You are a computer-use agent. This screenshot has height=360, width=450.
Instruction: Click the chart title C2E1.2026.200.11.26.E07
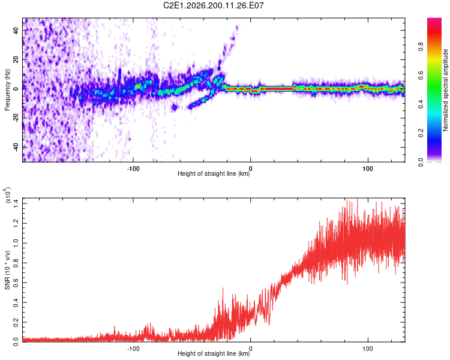213,5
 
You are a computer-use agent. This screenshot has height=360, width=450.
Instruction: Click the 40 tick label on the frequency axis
16,30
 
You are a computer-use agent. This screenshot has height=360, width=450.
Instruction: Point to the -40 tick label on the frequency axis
16,148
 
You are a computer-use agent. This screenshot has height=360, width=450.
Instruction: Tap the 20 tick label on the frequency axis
16,59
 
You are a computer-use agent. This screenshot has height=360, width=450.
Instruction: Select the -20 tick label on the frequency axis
16,118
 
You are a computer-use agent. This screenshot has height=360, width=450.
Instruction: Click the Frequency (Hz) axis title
7,90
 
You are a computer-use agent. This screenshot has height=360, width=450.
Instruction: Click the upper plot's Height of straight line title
214,173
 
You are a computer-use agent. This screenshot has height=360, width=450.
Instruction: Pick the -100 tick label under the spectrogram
133,169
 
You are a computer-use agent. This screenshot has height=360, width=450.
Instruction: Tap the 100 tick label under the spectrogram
368,169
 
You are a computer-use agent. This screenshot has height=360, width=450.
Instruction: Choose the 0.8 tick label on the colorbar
421,47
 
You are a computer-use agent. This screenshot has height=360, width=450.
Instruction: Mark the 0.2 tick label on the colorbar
421,133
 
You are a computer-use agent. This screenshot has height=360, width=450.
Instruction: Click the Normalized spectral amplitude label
445,90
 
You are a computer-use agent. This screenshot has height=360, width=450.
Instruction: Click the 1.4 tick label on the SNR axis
16,203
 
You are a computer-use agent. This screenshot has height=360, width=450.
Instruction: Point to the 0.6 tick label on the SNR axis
16,283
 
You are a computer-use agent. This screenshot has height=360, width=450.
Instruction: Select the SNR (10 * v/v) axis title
7,270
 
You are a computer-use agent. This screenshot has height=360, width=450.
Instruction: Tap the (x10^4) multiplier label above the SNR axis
8,195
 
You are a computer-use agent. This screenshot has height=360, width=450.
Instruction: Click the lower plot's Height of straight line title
214,353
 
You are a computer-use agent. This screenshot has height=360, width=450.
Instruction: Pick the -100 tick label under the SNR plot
133,349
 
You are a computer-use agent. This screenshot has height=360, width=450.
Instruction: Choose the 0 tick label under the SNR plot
251,349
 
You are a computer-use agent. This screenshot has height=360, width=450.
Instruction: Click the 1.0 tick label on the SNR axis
16,243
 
